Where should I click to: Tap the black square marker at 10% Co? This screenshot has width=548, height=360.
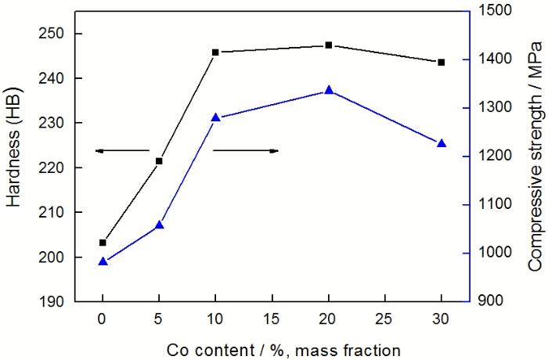pyautogui.click(x=216, y=52)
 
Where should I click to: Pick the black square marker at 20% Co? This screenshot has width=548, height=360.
pyautogui.click(x=329, y=45)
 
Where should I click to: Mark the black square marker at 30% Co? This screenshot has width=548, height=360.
pyautogui.click(x=442, y=63)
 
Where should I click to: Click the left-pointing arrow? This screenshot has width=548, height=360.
pyautogui.click(x=122, y=150)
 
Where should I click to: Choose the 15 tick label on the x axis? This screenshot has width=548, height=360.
pyautogui.click(x=272, y=319)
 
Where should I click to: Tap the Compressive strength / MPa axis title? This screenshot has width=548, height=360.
pyautogui.click(x=535, y=155)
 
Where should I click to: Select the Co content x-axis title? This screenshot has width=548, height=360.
pyautogui.click(x=272, y=349)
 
